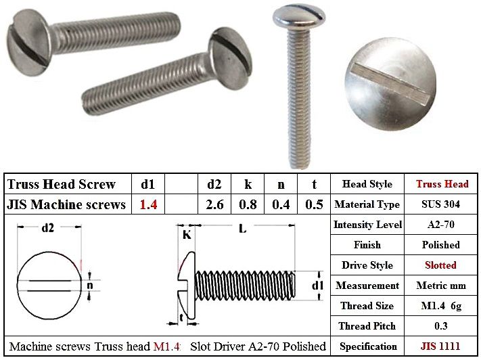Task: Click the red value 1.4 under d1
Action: tap(148, 204)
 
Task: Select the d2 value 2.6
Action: tap(214, 204)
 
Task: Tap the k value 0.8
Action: tap(247, 204)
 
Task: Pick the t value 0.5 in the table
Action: tap(314, 204)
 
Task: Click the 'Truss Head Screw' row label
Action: tap(61, 184)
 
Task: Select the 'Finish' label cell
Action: tap(367, 245)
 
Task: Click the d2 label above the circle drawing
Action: tap(48, 228)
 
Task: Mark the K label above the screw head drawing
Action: tap(187, 235)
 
